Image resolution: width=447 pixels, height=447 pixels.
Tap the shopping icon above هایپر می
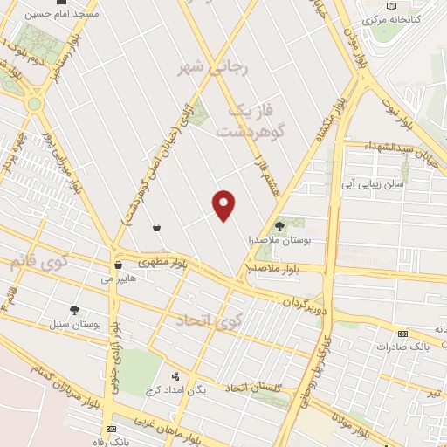click(x=118, y=265)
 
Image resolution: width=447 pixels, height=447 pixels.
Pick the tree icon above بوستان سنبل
click(x=74, y=310)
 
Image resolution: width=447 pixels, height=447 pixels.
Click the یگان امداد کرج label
click(x=201, y=389)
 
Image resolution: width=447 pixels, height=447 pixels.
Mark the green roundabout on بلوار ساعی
click(x=34, y=104)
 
